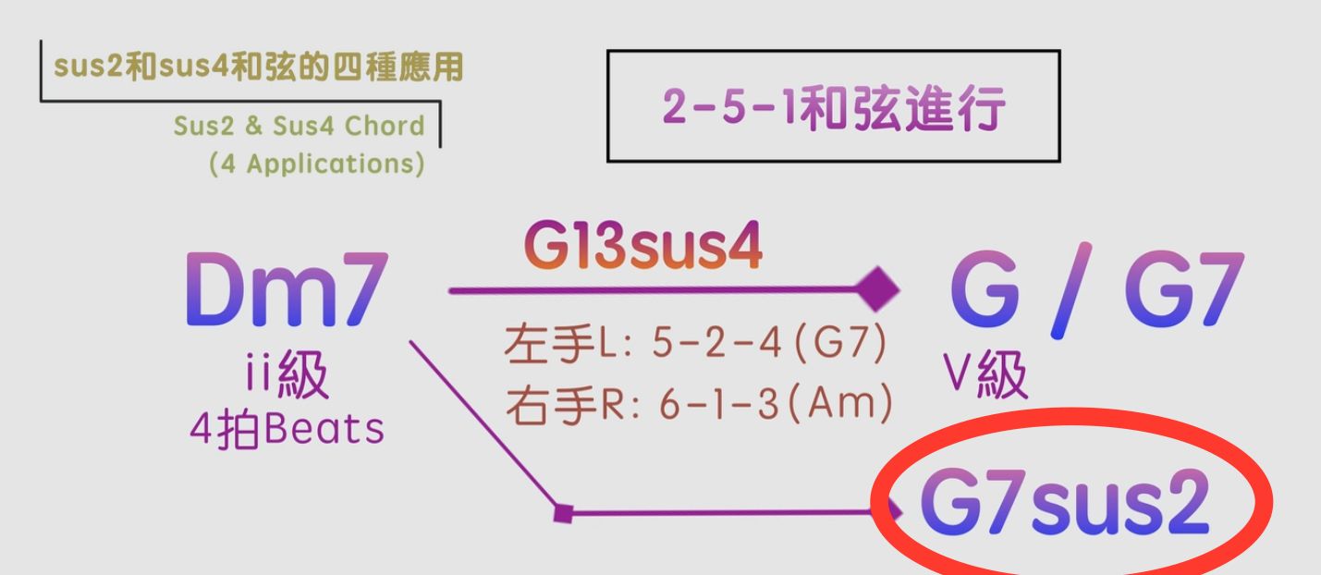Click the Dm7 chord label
click(x=284, y=292)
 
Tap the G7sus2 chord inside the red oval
click(x=1064, y=507)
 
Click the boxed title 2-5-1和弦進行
click(x=833, y=109)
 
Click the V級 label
click(x=985, y=375)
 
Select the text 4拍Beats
click(x=286, y=430)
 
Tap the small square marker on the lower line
click(x=561, y=511)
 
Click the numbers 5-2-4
click(x=706, y=348)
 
